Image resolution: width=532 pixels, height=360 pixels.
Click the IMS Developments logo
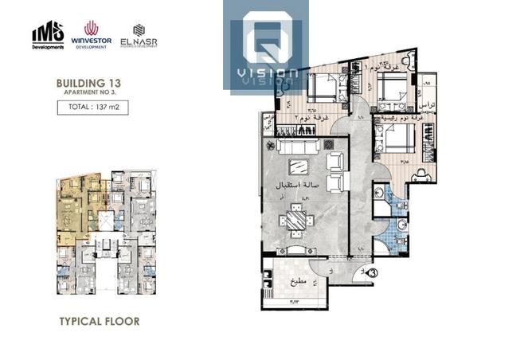(x=47, y=36)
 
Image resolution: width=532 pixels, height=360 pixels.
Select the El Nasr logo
(x=140, y=35)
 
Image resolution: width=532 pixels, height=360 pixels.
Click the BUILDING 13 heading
(x=88, y=82)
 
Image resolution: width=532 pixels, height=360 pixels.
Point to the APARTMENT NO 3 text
(x=87, y=92)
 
